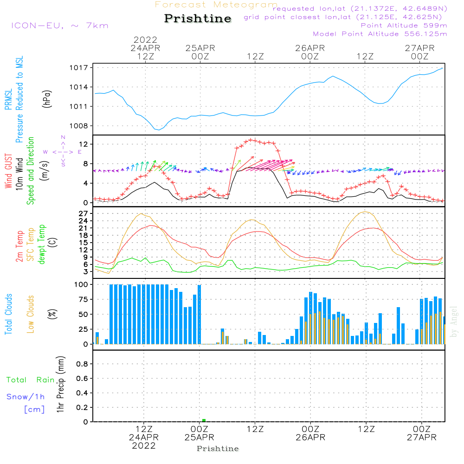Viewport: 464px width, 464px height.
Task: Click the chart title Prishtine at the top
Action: click(198, 19)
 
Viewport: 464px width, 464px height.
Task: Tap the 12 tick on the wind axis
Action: click(84, 145)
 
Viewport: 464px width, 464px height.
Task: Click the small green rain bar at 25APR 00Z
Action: click(204, 420)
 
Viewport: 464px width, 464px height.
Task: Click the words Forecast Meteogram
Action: click(216, 5)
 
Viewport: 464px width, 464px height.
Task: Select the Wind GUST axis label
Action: click(8, 172)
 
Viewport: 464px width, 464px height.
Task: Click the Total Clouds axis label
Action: click(8, 314)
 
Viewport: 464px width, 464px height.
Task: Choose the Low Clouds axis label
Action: click(31, 314)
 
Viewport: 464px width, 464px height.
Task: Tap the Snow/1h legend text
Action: click(26, 397)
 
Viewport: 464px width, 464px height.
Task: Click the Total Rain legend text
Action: click(30, 380)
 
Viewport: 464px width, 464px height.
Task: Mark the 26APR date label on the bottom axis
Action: click(310, 438)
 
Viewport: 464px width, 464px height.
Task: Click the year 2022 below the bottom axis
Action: click(144, 446)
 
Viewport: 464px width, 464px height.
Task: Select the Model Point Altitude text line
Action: click(380, 34)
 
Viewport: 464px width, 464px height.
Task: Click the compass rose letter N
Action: click(63, 137)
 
